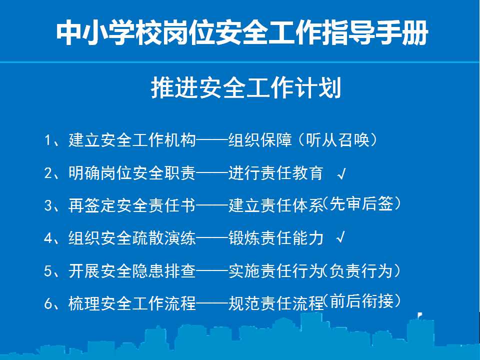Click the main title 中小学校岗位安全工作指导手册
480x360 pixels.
click(242, 33)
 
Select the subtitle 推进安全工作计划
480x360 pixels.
click(246, 88)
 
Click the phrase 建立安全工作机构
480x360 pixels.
click(132, 140)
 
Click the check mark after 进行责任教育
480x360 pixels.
click(341, 174)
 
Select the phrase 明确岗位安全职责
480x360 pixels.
click(132, 173)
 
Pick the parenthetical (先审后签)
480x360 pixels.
click(362, 203)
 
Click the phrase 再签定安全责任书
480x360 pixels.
click(132, 205)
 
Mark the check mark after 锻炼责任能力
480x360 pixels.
click(341, 237)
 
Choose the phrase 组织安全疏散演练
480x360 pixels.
click(132, 238)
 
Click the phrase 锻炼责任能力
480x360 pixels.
click(276, 238)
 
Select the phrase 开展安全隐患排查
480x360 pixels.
click(132, 271)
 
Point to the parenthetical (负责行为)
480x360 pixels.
click(362, 271)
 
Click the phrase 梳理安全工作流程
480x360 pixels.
click(132, 303)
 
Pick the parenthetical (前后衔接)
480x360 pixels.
click(362, 300)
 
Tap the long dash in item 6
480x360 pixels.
click(212, 303)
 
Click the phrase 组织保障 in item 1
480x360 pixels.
click(260, 140)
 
